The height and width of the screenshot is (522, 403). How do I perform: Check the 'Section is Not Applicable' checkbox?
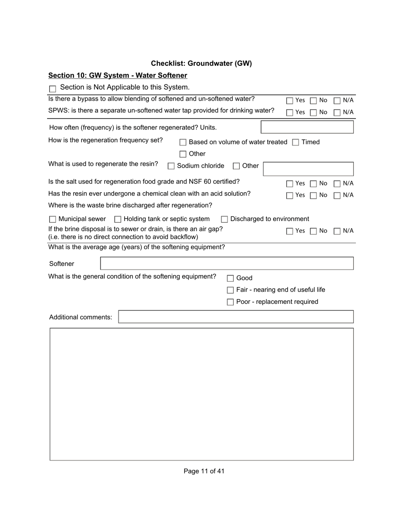[53, 89]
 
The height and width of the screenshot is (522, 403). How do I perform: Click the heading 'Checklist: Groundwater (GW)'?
[201, 64]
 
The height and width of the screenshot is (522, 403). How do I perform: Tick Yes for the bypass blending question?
[290, 101]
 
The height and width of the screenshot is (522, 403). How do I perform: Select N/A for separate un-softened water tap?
[337, 112]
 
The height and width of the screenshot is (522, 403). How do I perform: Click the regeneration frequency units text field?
[307, 127]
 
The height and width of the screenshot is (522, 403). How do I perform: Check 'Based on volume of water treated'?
[183, 143]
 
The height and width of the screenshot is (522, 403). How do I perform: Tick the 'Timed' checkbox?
[296, 143]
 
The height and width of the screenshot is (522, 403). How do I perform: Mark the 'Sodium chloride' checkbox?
[171, 166]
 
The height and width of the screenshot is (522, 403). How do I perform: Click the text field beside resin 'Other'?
[308, 169]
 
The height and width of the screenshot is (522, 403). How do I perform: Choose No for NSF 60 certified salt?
[313, 184]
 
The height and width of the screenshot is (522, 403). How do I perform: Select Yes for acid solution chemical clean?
[290, 196]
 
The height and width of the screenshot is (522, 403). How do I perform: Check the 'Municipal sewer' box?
[53, 219]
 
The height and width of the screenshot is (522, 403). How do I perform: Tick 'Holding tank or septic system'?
[118, 219]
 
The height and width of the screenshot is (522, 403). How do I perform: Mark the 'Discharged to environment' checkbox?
[224, 219]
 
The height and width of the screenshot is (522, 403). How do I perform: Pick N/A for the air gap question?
[337, 231]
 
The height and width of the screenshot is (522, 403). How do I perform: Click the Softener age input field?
[227, 264]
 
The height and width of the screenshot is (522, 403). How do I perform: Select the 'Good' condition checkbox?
[230, 278]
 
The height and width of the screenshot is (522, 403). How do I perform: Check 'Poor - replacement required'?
[230, 302]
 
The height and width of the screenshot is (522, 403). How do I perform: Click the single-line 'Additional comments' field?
[235, 317]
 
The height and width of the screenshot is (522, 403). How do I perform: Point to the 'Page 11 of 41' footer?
[204, 471]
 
